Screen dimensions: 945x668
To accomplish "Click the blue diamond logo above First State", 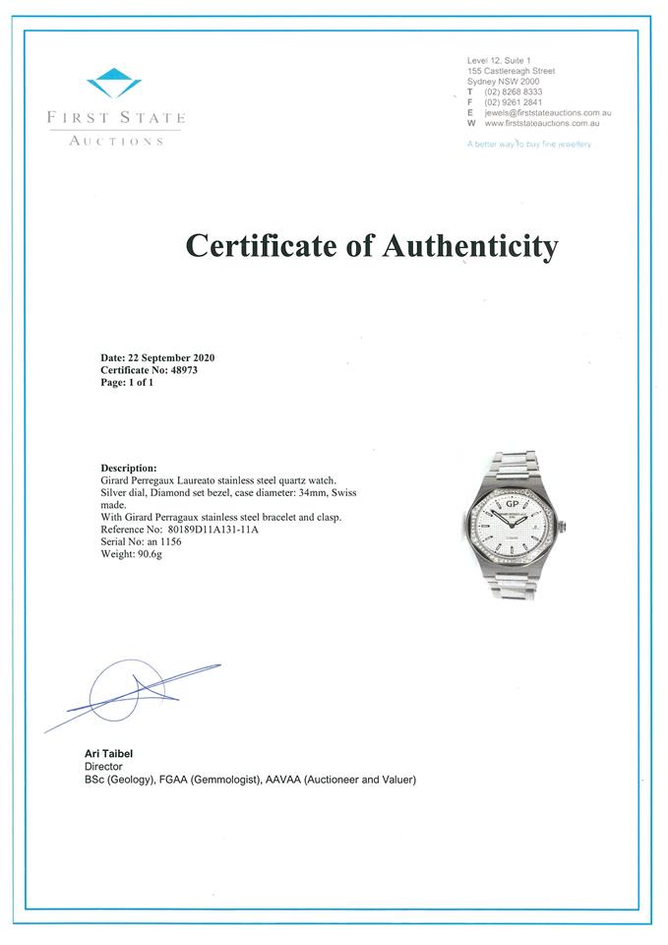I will point(114,82).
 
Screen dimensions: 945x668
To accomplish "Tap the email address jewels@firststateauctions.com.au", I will point(541,114).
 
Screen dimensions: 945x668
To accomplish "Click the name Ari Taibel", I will point(108,754).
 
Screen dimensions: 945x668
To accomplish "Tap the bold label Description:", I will point(129,468).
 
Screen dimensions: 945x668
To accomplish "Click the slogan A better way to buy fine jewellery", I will point(529,145).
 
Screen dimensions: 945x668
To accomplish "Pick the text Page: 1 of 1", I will point(128,383).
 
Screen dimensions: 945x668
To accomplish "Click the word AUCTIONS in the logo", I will point(115,141).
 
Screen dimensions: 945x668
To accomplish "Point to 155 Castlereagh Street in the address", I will point(511,71).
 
